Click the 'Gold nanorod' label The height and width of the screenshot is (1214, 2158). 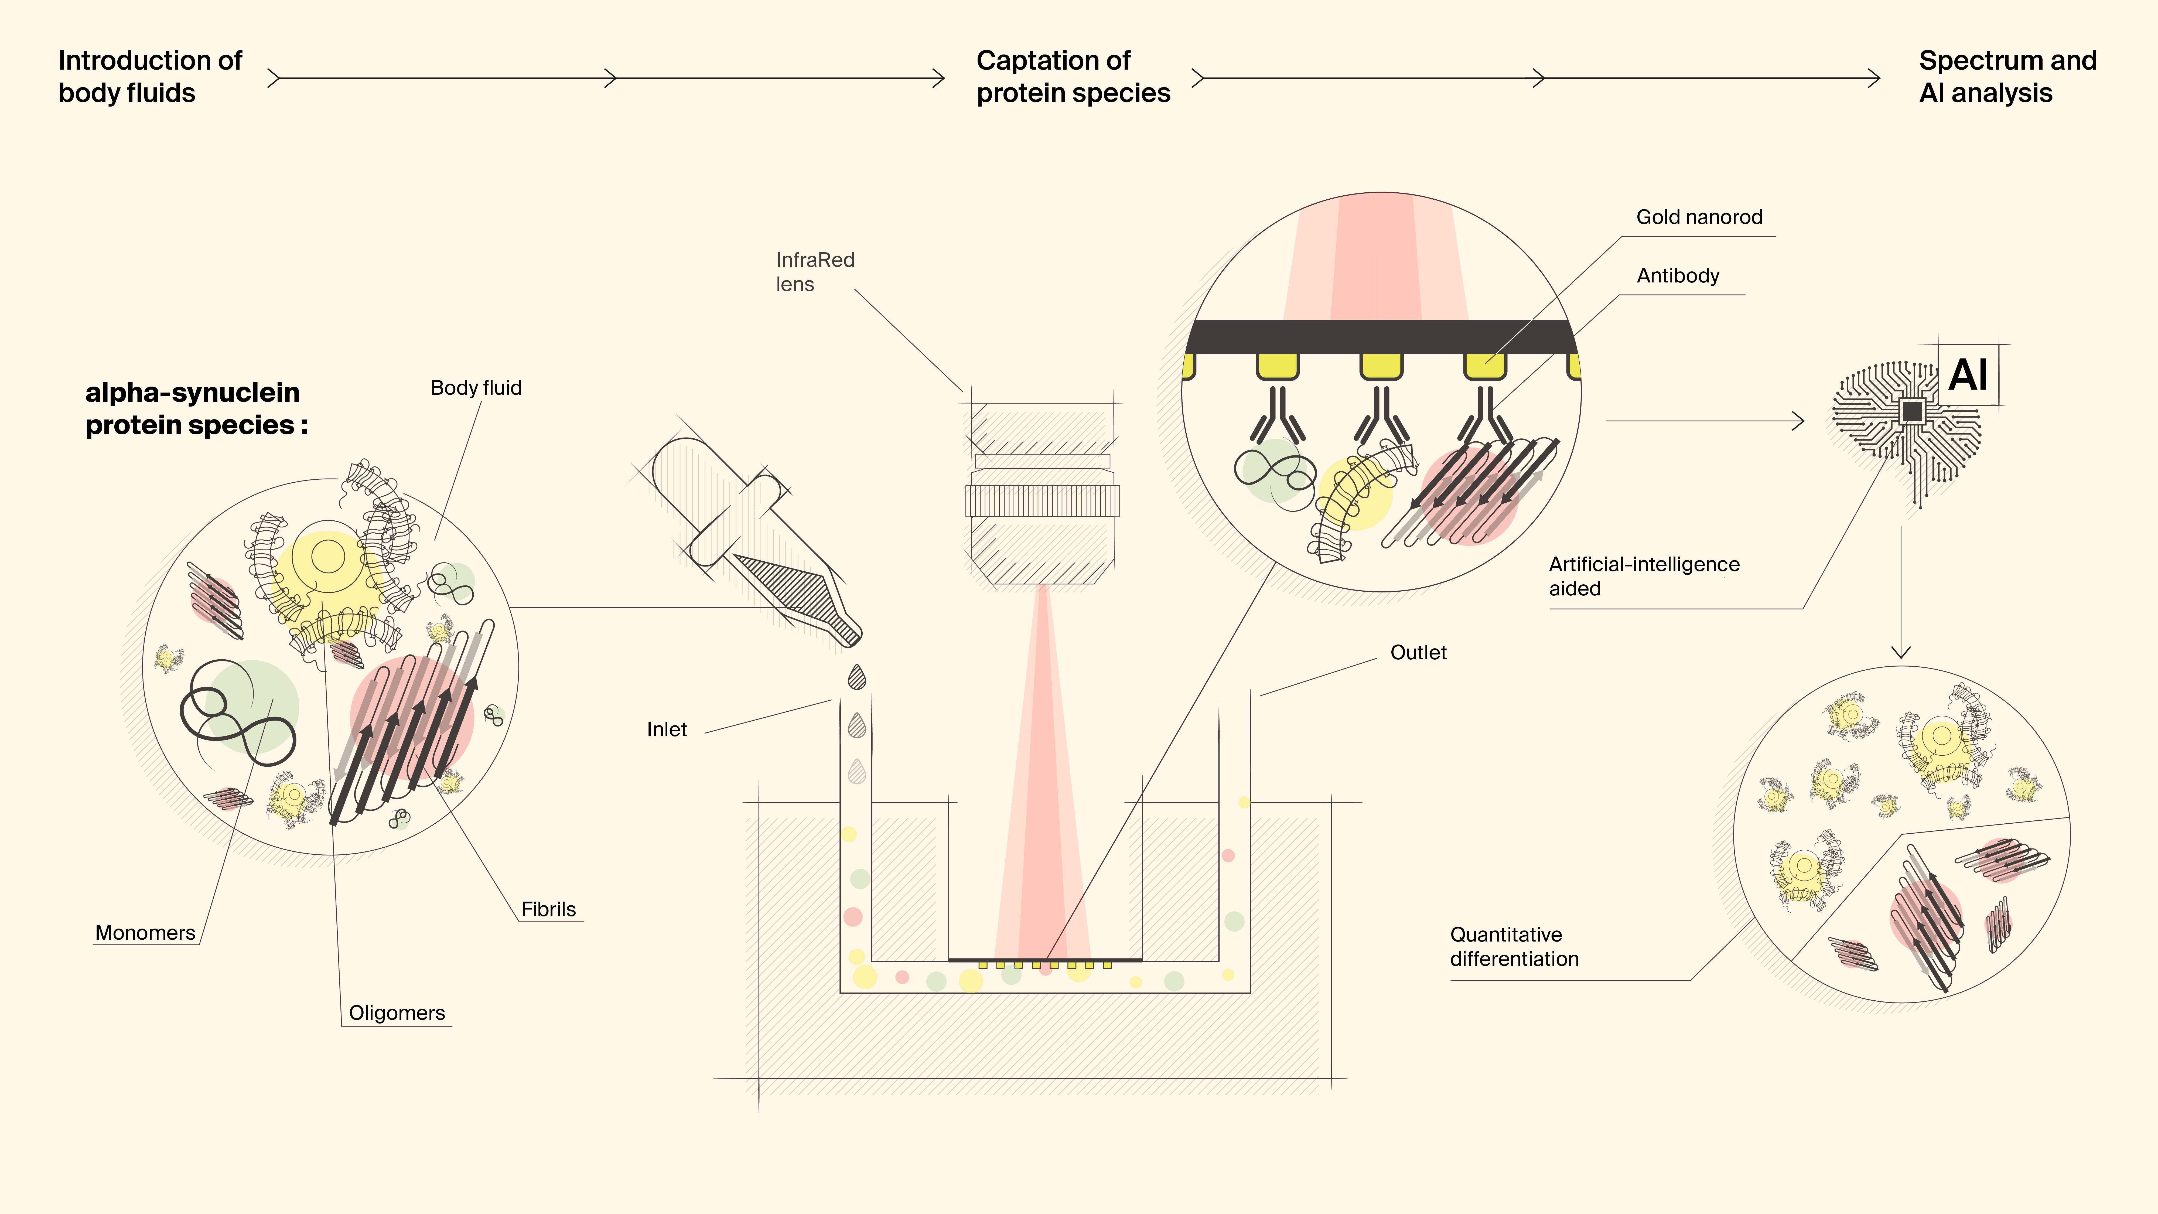click(x=1699, y=217)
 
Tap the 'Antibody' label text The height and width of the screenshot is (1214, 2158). click(x=1678, y=276)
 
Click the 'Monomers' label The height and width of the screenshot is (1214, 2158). click(x=145, y=933)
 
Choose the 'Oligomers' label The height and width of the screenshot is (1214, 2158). click(x=397, y=1013)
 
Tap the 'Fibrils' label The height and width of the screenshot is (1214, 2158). click(x=549, y=909)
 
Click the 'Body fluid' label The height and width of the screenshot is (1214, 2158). click(x=476, y=388)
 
